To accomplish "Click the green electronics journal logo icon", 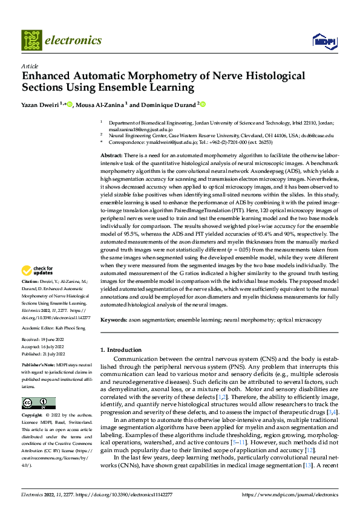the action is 31,41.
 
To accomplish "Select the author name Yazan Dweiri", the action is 41,105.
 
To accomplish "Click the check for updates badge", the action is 38,270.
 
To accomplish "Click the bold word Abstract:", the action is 113,156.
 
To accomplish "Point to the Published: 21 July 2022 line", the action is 45,354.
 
